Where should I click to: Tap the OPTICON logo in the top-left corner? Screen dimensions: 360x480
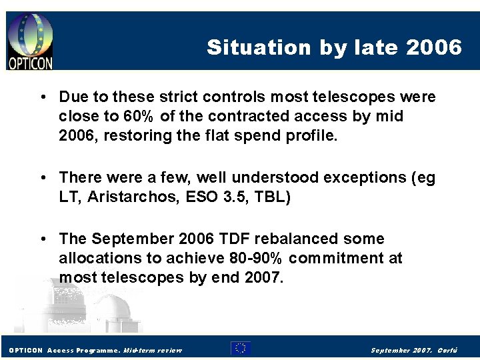(x=30, y=41)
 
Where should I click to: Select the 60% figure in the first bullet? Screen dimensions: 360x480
(x=139, y=116)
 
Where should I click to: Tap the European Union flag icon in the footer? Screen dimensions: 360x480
(x=240, y=348)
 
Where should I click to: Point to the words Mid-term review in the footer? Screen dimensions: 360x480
(x=153, y=350)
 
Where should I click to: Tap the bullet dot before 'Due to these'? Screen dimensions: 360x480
(x=42, y=97)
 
